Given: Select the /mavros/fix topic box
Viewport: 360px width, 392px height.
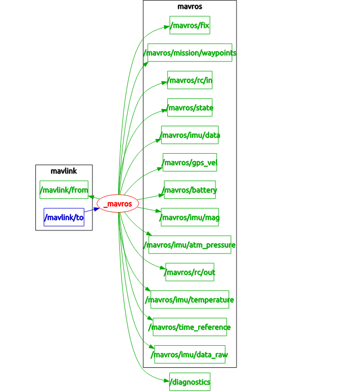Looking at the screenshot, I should (x=190, y=25).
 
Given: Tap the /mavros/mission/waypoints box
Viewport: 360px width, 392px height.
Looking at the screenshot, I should (x=190, y=53).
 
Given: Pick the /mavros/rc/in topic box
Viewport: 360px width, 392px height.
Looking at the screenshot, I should (x=190, y=80).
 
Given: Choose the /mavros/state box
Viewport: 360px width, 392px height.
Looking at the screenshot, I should (x=190, y=107).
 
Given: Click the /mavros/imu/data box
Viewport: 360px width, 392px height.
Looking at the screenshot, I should (x=190, y=135).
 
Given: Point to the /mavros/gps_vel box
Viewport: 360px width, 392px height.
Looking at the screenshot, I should (x=190, y=162).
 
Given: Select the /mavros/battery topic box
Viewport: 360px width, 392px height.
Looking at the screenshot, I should (x=190, y=189).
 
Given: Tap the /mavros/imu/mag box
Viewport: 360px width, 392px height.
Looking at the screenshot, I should (x=190, y=217).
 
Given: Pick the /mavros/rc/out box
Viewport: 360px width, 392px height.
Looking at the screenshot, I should (x=190, y=272).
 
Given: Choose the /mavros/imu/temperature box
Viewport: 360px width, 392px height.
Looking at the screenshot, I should (x=190, y=299).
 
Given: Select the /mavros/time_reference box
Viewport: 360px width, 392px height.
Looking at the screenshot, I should (x=190, y=327).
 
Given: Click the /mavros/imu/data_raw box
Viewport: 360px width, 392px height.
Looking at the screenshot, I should (x=190, y=354).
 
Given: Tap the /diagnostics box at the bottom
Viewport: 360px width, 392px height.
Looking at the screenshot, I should (x=190, y=382).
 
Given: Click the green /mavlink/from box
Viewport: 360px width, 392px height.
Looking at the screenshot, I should (x=64, y=189).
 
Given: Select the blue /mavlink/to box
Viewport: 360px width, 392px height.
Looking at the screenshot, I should (x=64, y=217).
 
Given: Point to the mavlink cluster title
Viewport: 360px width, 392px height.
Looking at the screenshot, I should (x=64, y=171).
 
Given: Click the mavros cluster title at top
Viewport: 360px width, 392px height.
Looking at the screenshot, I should (x=190, y=7).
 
